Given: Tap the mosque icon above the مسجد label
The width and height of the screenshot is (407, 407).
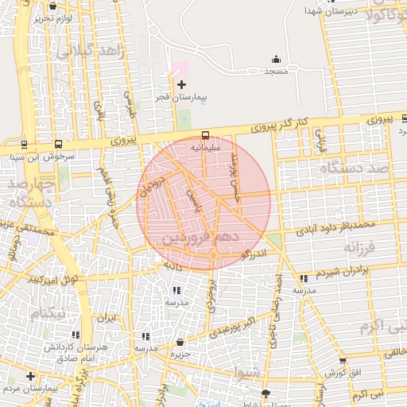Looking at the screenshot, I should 276,58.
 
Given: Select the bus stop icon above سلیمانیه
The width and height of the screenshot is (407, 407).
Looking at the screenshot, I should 206,135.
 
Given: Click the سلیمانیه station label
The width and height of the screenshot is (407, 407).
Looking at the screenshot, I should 206,148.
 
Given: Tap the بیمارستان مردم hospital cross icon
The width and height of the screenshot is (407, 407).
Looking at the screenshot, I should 30,376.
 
